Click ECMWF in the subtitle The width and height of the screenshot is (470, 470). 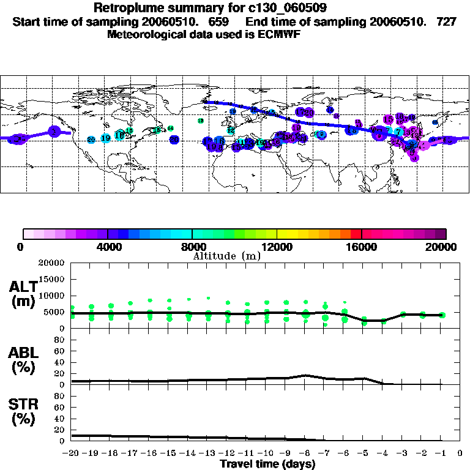click(280, 35)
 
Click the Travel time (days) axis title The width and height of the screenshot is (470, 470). click(267, 464)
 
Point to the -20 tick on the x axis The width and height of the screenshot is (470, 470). click(72, 453)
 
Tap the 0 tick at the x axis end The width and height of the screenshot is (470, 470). click(460, 453)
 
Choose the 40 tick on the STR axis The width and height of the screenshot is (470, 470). click(61, 419)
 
